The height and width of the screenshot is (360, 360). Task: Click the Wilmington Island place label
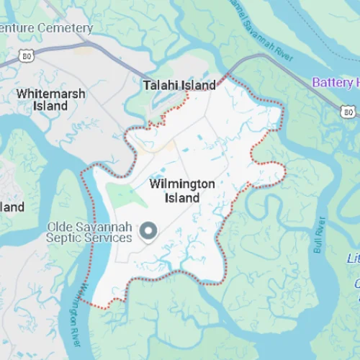click(x=181, y=191)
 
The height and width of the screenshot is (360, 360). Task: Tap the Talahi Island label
click(x=179, y=85)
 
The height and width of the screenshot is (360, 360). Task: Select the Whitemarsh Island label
click(x=50, y=100)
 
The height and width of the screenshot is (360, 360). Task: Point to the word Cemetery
click(x=66, y=29)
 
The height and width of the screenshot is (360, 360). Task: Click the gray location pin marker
click(x=148, y=231)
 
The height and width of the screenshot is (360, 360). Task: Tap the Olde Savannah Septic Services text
click(x=89, y=232)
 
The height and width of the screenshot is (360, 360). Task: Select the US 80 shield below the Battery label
click(x=348, y=110)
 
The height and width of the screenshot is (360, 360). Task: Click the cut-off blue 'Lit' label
click(x=354, y=258)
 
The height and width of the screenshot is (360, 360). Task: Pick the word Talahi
click(x=161, y=85)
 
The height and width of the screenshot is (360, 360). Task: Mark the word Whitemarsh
click(x=50, y=94)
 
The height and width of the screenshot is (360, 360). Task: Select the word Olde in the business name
click(x=60, y=226)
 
